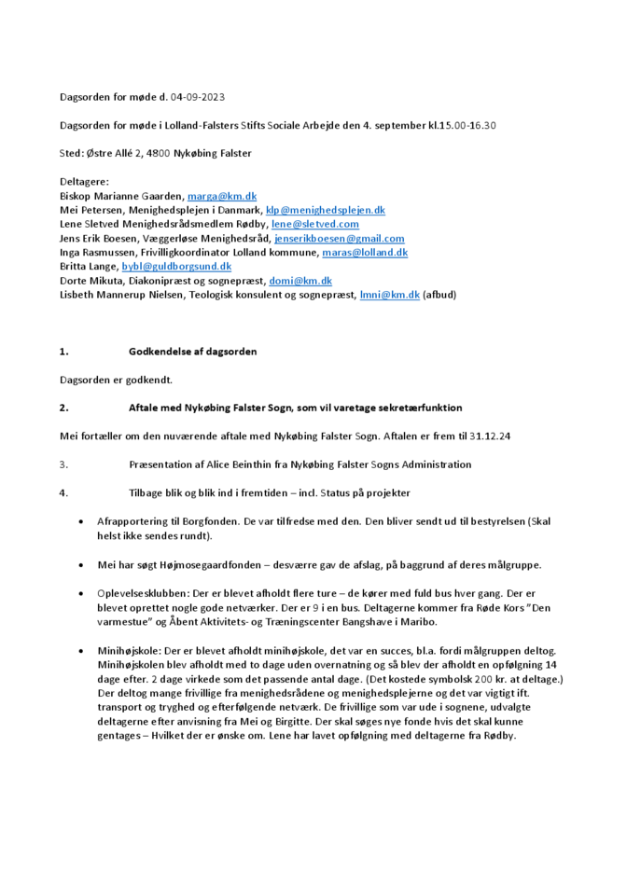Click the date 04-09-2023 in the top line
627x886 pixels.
point(198,97)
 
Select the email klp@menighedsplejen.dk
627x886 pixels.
point(326,211)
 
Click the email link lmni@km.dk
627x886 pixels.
point(390,295)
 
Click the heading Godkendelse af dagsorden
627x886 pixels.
point(192,352)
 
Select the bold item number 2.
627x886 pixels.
point(63,408)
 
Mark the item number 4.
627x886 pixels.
point(63,492)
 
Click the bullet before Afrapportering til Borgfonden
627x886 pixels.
point(86,522)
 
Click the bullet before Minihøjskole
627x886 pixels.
point(86,650)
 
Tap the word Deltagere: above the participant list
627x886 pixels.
point(84,182)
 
